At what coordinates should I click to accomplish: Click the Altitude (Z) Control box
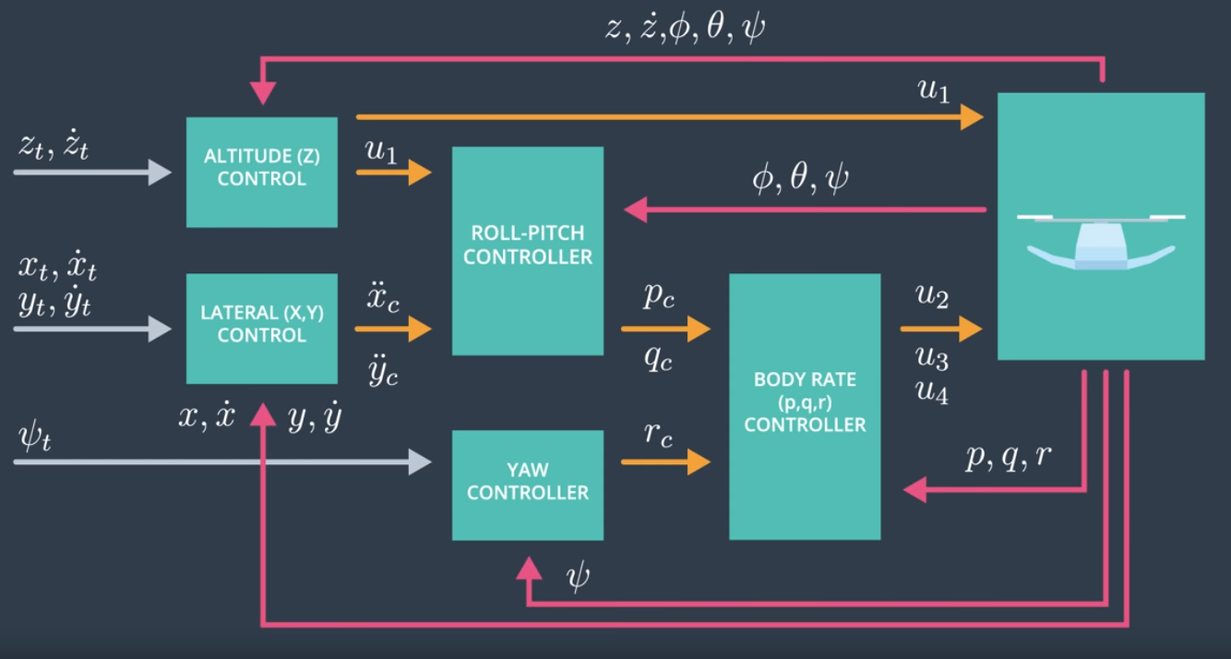261,172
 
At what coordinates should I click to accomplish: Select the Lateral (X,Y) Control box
261,328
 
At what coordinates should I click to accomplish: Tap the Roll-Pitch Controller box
527,250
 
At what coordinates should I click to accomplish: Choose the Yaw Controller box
527,485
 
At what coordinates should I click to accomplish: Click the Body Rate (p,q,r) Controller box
805,406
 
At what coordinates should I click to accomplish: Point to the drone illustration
1100,242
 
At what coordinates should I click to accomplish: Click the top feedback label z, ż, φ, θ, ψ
684,29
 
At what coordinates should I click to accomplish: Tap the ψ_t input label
34,436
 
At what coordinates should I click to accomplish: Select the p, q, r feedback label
1008,457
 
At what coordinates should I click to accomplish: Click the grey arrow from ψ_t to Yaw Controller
221,461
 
